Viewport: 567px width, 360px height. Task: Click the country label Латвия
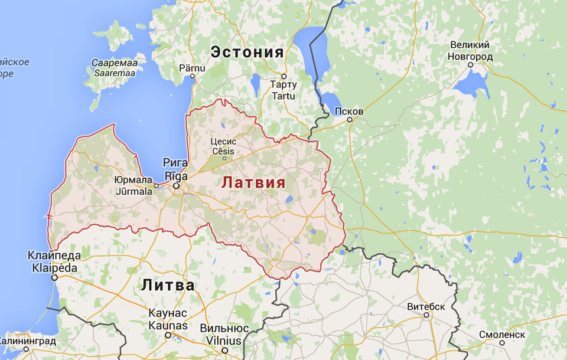pos(253,182)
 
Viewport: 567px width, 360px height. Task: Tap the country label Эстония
pos(247,52)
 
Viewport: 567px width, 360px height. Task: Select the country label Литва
pos(168,286)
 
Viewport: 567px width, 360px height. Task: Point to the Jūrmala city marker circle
pos(157,185)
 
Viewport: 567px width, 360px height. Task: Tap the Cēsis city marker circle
pos(224,158)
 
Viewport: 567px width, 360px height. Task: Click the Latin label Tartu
pos(283,96)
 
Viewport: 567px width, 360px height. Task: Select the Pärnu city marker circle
pos(193,76)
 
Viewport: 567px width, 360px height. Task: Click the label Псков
pos(348,111)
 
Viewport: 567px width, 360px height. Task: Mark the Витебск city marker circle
pos(426,315)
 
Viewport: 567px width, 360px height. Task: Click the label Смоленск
pos(502,334)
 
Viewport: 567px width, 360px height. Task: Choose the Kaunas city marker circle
pos(168,335)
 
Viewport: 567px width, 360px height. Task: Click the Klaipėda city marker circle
pos(54,277)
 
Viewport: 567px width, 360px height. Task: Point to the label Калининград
pos(28,341)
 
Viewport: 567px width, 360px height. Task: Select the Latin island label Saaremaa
pos(113,73)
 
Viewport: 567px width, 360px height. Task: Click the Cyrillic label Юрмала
pos(133,181)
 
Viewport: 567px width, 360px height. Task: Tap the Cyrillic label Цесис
pos(223,142)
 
